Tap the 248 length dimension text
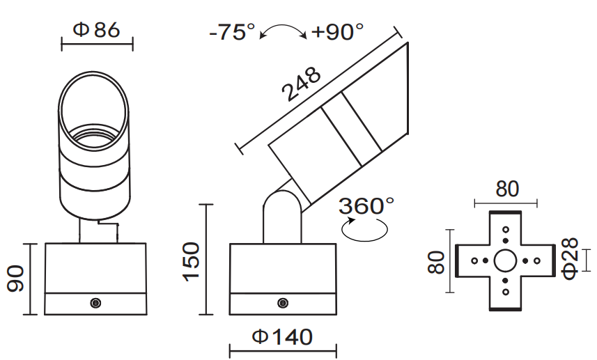coord(302,84)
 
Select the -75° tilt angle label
coord(233,32)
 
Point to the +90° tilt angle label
coord(338,32)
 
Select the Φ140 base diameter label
coord(282,337)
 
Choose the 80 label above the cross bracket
coord(506,189)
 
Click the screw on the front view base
coord(95,302)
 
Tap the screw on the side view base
coord(282,302)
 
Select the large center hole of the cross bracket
coord(505,261)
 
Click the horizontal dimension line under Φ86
coord(97,46)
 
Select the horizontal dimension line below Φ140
coord(283,350)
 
